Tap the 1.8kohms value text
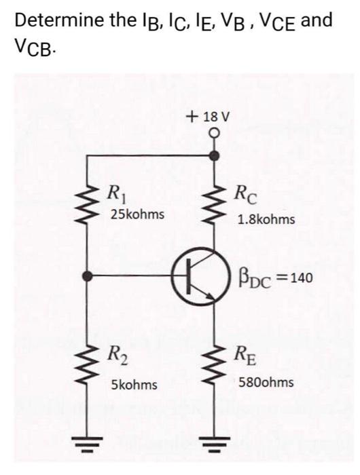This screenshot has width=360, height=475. [x=266, y=220]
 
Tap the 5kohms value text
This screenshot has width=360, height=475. [x=134, y=385]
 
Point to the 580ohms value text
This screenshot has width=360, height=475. [x=266, y=383]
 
